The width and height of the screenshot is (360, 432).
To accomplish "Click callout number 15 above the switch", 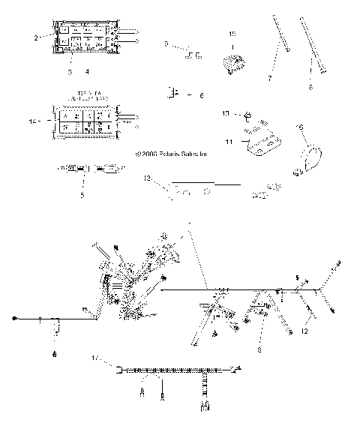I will tap(232, 33).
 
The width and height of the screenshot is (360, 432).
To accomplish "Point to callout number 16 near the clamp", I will tap(302, 128).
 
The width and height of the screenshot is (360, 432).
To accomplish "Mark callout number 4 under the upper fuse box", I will tap(87, 72).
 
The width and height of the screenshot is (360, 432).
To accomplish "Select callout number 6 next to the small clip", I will tap(200, 95).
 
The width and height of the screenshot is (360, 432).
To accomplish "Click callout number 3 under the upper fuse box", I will tap(69, 72).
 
